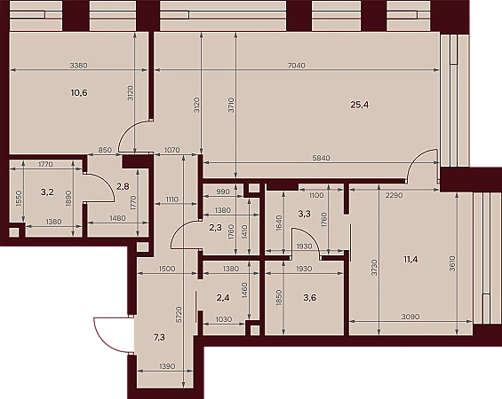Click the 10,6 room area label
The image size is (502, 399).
tap(79, 93)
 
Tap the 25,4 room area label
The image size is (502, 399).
tap(360, 105)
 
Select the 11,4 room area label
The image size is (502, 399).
tap(410, 259)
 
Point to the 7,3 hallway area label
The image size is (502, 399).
tap(159, 337)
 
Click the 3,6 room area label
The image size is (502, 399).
tap(310, 298)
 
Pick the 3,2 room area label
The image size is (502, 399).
tap(47, 192)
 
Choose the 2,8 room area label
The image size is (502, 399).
tap(123, 186)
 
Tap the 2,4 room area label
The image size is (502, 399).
tap(223, 298)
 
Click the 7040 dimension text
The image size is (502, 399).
tap(297, 66)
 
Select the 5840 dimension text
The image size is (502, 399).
tap(321, 158)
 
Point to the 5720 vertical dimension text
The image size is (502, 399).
tap(179, 315)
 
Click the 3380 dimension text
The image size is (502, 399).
tap(79, 66)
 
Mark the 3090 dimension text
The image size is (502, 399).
tap(410, 317)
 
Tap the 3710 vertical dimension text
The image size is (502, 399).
tap(232, 105)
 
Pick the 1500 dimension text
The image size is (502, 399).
tap(167, 269)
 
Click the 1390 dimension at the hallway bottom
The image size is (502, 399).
tap(167, 366)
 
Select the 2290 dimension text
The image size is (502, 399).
tap(394, 195)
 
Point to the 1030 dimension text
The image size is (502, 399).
tap(224, 319)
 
